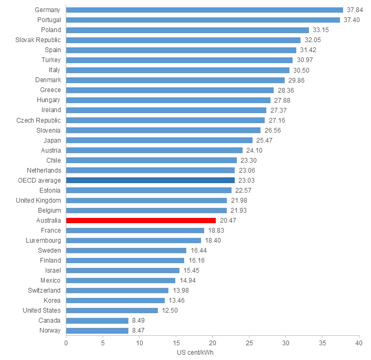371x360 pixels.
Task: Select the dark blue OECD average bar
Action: pyautogui.click(x=151, y=181)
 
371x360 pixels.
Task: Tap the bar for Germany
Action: pyautogui.click(x=205, y=10)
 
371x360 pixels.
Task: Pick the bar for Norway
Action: pyautogui.click(x=97, y=331)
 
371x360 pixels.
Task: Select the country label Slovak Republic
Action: pyautogui.click(x=38, y=40)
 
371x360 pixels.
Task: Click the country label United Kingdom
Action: pyautogui.click(x=38, y=201)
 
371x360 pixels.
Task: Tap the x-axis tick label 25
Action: pyautogui.click(x=249, y=343)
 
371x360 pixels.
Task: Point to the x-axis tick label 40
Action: pyautogui.click(x=359, y=343)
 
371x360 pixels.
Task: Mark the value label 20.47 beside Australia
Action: pyautogui.click(x=228, y=221)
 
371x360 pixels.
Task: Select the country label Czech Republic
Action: pyautogui.click(x=38, y=121)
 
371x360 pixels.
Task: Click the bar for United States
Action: pyautogui.click(x=112, y=311)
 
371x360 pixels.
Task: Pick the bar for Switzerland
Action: pyautogui.click(x=117, y=291)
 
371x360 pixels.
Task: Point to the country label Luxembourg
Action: pyautogui.click(x=43, y=241)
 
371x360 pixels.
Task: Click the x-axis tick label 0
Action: pyautogui.click(x=66, y=343)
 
